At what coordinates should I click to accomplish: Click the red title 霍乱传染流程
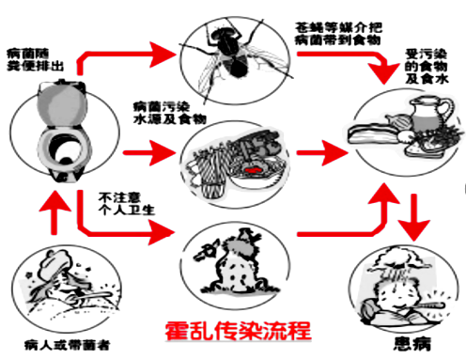pyautogui.click(x=238, y=331)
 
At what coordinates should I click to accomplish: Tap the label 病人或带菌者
pyautogui.click(x=68, y=345)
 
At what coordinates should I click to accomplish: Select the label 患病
pyautogui.click(x=412, y=344)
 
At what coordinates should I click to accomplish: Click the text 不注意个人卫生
pyautogui.click(x=127, y=204)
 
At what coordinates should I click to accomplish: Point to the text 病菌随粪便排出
pyautogui.click(x=35, y=59)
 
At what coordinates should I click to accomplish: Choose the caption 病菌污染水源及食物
pyautogui.click(x=170, y=113)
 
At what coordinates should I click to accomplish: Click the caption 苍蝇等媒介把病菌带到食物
pyautogui.click(x=338, y=34)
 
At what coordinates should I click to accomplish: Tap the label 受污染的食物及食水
pyautogui.click(x=427, y=66)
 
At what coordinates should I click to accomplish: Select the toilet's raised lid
pyautogui.click(x=61, y=104)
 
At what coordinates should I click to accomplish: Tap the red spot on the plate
pyautogui.click(x=255, y=170)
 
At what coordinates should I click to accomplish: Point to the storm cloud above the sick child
pyautogui.click(x=398, y=260)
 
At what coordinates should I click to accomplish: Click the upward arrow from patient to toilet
pyautogui.click(x=54, y=211)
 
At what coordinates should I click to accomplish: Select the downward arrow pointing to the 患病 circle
pyautogui.click(x=414, y=217)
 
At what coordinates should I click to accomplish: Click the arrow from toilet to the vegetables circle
pyautogui.click(x=149, y=153)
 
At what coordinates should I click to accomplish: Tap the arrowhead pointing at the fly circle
pyautogui.click(x=163, y=55)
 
